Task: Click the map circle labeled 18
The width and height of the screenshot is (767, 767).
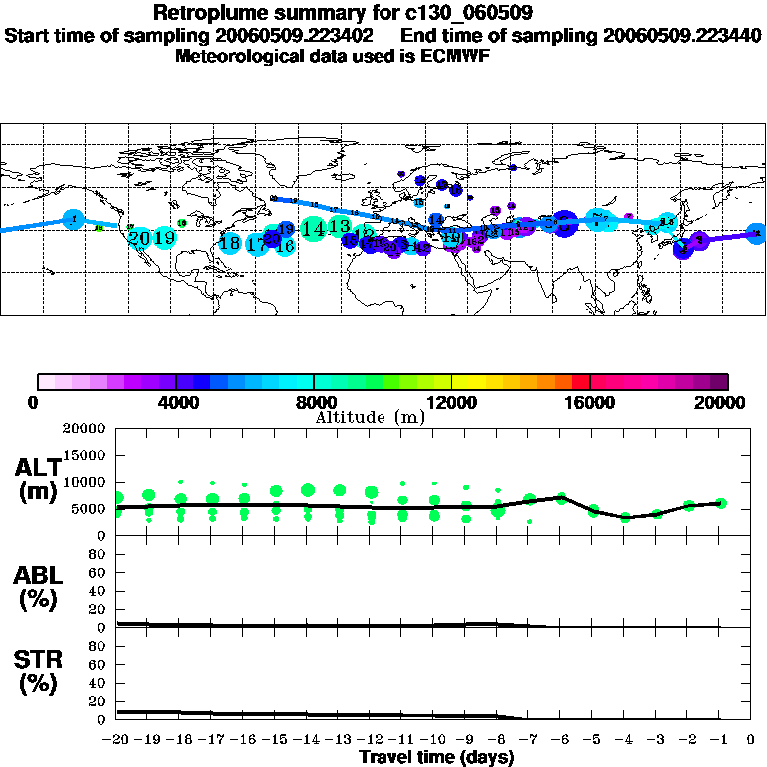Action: [x=230, y=243]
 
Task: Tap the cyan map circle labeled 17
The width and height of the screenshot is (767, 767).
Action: [x=257, y=244]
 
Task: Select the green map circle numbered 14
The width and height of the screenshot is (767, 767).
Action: [x=313, y=228]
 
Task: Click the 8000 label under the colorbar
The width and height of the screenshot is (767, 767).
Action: [x=313, y=402]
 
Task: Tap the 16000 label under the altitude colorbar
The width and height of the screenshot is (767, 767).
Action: [x=590, y=402]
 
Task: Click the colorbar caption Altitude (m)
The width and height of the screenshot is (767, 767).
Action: [x=370, y=417]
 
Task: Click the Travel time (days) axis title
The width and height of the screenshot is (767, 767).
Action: [x=435, y=757]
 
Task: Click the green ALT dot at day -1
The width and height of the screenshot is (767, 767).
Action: [x=720, y=503]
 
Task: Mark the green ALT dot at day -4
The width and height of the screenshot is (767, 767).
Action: [x=625, y=517]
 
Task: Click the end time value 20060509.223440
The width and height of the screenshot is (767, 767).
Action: [x=682, y=35]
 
